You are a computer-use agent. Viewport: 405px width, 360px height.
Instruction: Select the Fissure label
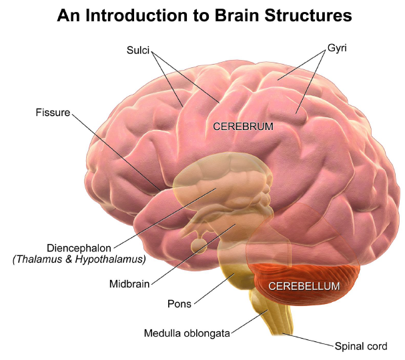[x=53, y=113]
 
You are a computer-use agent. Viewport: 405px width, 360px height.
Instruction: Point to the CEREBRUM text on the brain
[x=243, y=126]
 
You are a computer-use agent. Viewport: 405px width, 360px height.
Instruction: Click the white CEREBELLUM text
[x=304, y=286]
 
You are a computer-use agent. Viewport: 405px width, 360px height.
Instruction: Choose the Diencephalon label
[x=79, y=247]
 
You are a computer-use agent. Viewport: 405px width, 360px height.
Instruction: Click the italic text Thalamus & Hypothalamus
[x=79, y=259]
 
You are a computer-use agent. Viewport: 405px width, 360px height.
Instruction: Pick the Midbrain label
[x=129, y=283]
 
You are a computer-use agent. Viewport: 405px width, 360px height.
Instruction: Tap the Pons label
[x=179, y=304]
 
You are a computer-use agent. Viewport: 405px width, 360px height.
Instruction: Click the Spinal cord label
[x=360, y=347]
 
